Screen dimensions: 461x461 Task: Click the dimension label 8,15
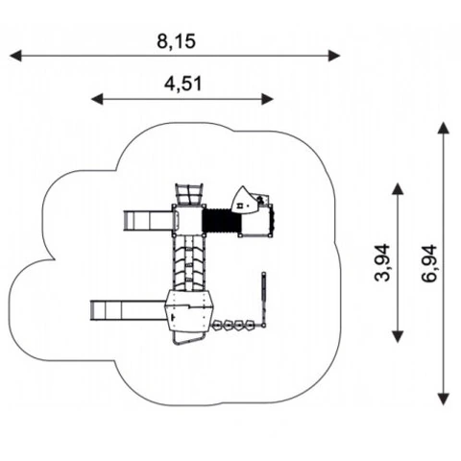pos(176,41)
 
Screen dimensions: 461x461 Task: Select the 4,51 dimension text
pos(183,84)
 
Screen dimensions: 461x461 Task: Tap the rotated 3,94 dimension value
pos(382,262)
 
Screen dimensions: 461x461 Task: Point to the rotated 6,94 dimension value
pos(429,263)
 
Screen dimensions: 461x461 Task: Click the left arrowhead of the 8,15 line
pos(15,56)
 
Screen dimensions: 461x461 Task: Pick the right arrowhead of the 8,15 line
pos(334,56)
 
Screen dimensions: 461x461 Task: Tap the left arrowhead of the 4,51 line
pos(97,99)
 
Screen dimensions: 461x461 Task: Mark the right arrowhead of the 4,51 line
pos(267,99)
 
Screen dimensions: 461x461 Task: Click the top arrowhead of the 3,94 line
pos(398,189)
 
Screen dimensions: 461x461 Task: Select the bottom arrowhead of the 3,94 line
pos(398,337)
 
